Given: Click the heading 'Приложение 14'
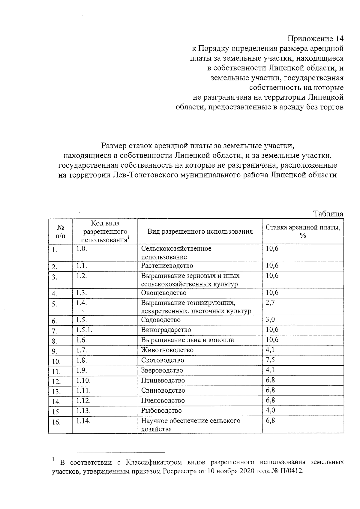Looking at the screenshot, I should [315, 39].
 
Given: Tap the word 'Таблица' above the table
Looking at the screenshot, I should [328, 214].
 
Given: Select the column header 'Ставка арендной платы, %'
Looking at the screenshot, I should [303, 231].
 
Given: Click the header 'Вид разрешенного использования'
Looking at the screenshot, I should [200, 231].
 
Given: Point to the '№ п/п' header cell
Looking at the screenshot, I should [60, 231].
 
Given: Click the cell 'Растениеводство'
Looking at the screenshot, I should [167, 266].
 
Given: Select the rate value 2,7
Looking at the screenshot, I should [270, 302].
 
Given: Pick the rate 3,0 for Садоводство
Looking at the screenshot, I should [270, 319].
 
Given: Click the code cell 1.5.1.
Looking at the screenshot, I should [84, 330].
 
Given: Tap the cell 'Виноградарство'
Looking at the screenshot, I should [166, 330].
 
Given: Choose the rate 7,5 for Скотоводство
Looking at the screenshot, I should [270, 360].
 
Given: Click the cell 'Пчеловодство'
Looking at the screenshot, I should [163, 401].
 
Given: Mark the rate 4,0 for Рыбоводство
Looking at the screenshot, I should [270, 410].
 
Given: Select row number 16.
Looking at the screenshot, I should [56, 422].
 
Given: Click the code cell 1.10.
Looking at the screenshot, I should [83, 380].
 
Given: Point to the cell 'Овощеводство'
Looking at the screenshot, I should [163, 293].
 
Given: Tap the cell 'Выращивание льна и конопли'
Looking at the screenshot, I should [187, 340].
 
